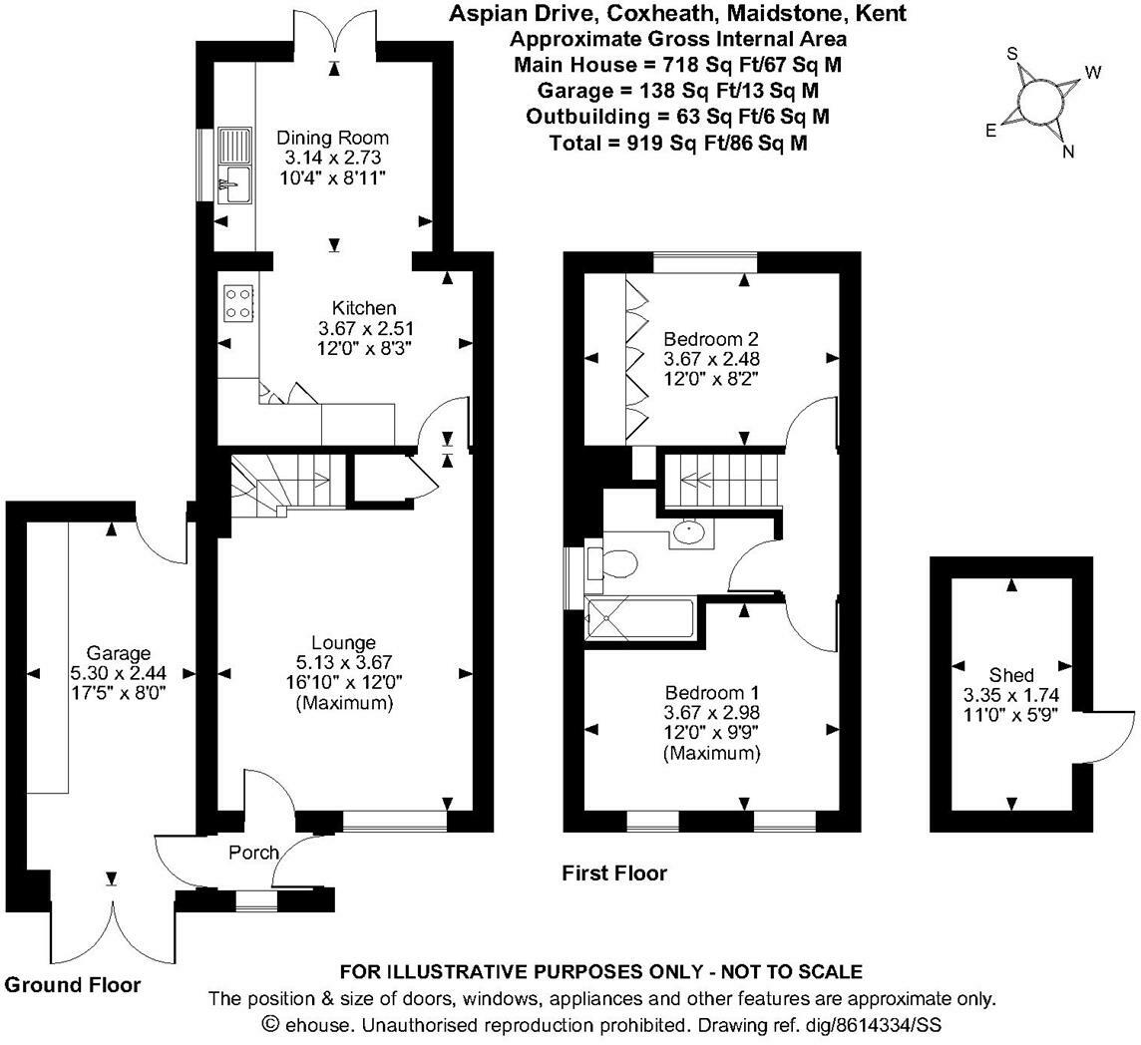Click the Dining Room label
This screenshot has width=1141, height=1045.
[332, 138]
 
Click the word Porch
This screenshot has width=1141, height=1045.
[253, 853]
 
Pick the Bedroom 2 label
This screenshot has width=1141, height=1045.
[705, 338]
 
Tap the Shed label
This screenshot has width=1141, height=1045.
[1011, 675]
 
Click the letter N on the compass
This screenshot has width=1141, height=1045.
[1067, 152]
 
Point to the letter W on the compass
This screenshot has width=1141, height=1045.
[1093, 72]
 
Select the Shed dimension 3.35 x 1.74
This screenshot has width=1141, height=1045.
[1011, 695]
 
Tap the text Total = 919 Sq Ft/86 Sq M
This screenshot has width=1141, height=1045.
[677, 144]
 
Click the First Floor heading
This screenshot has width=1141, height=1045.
[614, 873]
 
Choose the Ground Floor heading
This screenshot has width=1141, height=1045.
[73, 985]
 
